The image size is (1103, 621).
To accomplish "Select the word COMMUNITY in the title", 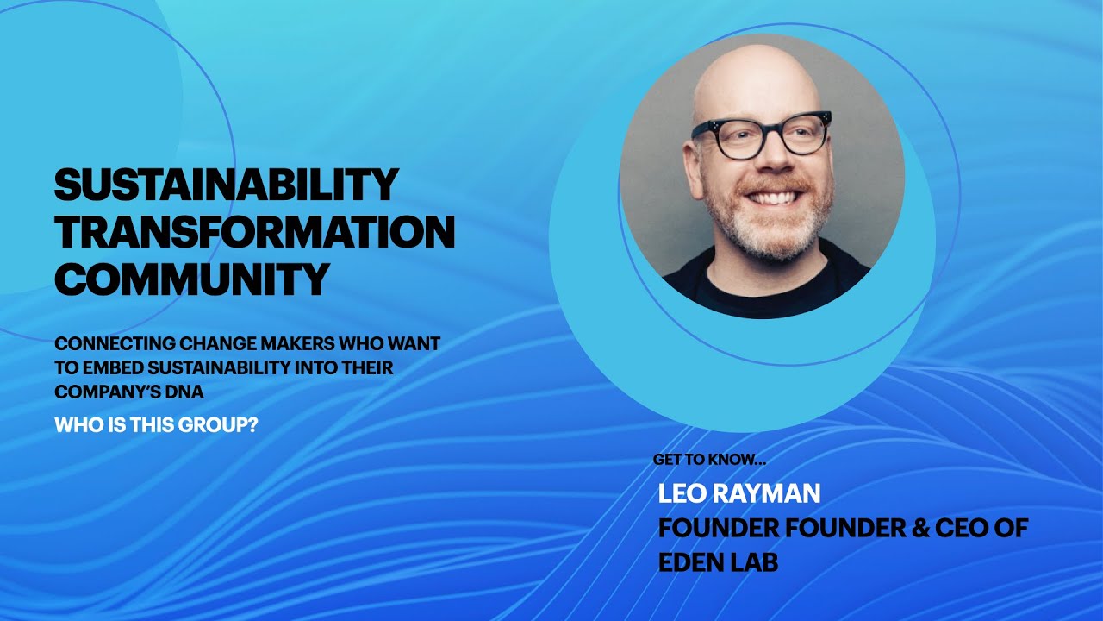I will pos(191,279).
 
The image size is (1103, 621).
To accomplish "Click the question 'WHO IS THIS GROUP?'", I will pos(156,425).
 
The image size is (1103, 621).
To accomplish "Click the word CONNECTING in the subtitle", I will pos(106,343).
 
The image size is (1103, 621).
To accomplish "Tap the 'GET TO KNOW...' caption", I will pos(709,460).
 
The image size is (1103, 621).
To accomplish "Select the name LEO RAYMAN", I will pos(739,493).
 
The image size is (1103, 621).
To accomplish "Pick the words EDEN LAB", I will pos(718,562).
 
